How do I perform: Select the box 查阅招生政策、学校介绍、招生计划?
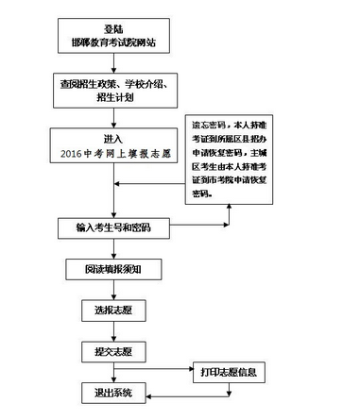(x=113, y=92)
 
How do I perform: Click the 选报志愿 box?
(x=111, y=309)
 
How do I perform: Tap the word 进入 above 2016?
(x=113, y=138)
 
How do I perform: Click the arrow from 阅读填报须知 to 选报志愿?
(x=111, y=289)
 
